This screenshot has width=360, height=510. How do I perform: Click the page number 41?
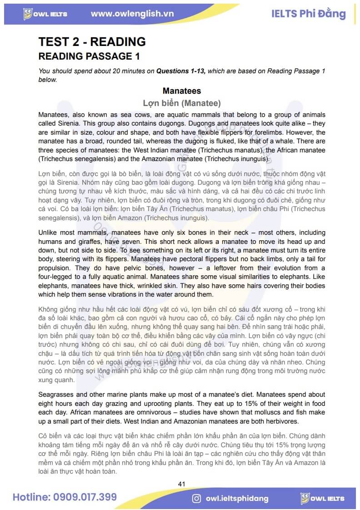181,484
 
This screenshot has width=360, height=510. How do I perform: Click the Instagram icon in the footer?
196,498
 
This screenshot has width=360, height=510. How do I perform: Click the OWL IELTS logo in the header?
45,14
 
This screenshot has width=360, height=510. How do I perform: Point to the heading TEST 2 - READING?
92,42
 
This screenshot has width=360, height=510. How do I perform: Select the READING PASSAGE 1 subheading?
89,56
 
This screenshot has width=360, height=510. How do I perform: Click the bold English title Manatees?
181,91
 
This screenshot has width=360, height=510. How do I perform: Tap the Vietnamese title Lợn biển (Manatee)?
181,103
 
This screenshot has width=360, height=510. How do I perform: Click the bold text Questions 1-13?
181,71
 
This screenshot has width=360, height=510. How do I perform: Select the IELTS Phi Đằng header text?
308,14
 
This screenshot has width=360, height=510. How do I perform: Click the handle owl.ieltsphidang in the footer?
236,498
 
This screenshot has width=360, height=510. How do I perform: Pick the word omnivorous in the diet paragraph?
138,412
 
